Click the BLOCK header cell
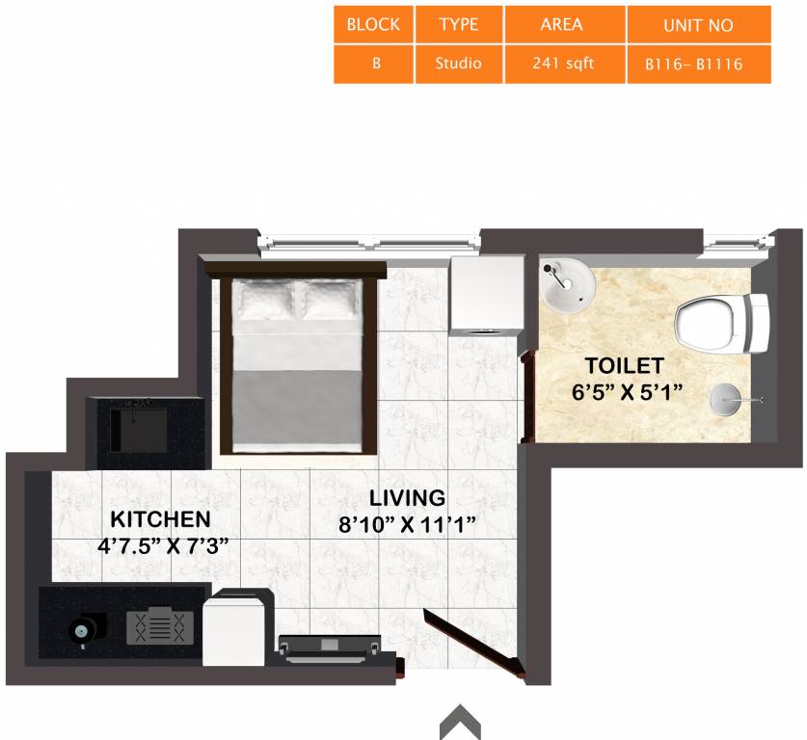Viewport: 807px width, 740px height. pos(373,25)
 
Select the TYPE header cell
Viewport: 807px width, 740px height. pos(458,25)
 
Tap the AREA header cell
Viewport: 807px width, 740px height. pos(564,25)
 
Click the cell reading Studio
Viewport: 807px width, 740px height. pos(458,65)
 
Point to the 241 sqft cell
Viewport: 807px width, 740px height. pos(564,65)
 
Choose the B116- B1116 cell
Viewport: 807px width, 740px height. pos(698,66)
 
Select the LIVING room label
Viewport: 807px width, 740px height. pos(408,498)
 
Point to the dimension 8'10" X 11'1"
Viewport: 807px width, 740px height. pos(408,525)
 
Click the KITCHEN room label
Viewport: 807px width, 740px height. pos(160,519)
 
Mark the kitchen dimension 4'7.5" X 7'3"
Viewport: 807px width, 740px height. pos(163,545)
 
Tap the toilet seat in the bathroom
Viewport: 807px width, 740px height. pos(718,323)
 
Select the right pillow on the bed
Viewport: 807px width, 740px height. pos(331,302)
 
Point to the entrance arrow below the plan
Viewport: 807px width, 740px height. pos(460,722)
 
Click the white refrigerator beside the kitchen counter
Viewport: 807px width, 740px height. pos(234,627)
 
